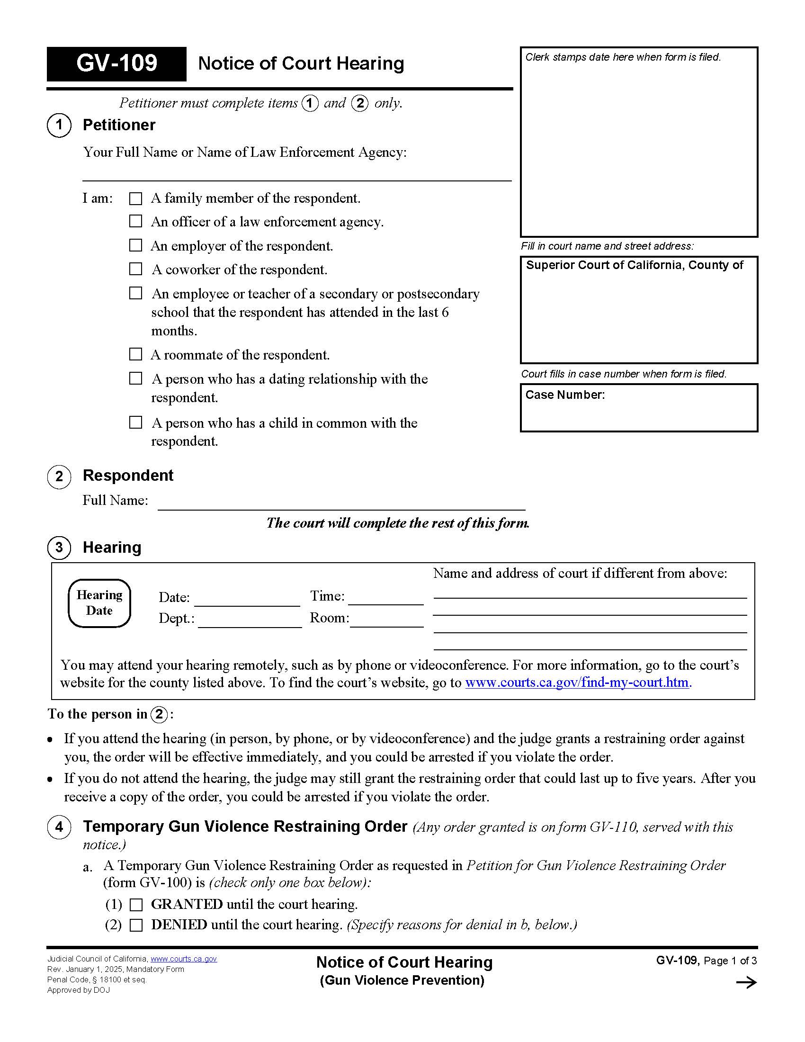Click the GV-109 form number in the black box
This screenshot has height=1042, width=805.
[116, 63]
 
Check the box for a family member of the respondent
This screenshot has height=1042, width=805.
[136, 198]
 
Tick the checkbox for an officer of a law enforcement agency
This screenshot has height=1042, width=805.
[136, 221]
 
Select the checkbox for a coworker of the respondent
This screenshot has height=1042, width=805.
[136, 269]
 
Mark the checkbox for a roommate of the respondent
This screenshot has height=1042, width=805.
[136, 354]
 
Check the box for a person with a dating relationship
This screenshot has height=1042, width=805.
[136, 379]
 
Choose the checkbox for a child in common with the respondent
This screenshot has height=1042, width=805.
[136, 422]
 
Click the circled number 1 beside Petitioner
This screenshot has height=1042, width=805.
[59, 126]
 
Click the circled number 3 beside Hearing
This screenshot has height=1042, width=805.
[59, 547]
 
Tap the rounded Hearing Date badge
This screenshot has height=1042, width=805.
[99, 603]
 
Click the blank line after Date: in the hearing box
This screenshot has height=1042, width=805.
[247, 600]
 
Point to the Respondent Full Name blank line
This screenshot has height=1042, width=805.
[341, 504]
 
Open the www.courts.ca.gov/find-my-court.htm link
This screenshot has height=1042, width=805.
[577, 683]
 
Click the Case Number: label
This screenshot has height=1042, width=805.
[564, 395]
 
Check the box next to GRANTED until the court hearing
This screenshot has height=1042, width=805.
[136, 905]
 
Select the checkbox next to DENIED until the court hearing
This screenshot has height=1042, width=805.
[136, 925]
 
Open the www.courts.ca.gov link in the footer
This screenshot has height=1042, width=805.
[184, 959]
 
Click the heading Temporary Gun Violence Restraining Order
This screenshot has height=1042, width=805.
[245, 826]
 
